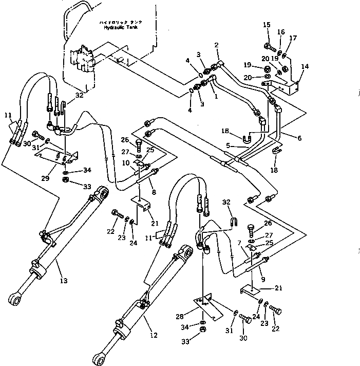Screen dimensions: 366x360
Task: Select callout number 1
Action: coord(216,96)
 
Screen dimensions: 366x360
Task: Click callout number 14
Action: coord(305,66)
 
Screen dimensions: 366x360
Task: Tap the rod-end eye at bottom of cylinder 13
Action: coord(15,298)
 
